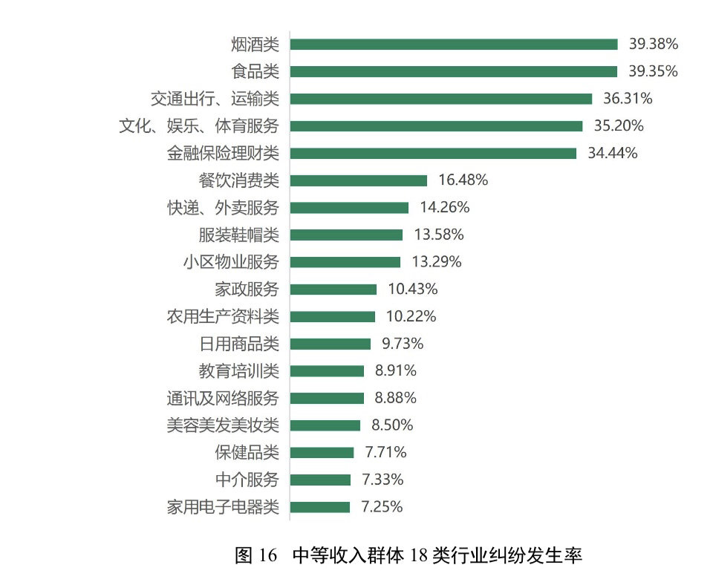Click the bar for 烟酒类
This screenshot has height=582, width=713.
pos(453,45)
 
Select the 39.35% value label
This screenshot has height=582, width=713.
pos(653,71)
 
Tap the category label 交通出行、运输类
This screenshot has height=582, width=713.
pos(215,99)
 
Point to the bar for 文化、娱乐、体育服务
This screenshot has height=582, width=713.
pos(436,126)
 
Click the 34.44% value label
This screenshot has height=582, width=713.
pos(612,153)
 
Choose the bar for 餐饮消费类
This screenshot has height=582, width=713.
pos(359,180)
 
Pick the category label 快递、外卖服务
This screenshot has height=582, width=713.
pos(223,208)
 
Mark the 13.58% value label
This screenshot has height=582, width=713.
pos(438,235)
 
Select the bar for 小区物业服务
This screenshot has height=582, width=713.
pos(345,262)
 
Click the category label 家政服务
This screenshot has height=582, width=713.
pos(247,290)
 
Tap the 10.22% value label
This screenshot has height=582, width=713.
pos(411,316)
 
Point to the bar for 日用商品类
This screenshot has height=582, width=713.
pos(331,344)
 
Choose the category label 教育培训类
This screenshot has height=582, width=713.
pos(238,371)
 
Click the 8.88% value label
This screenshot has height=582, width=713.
pos(395,398)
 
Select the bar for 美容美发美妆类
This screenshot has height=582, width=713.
pos(325,425)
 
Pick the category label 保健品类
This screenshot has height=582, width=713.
pos(247,453)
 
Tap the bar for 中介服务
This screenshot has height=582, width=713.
pos(320,480)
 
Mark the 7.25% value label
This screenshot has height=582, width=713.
pos(382,507)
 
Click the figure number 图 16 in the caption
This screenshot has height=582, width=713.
pos(255,555)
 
